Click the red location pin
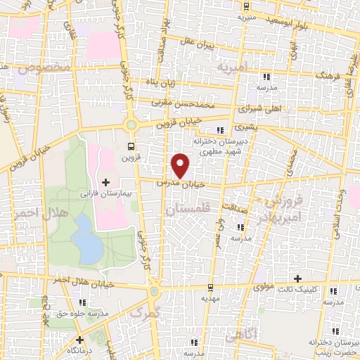coord(181,165)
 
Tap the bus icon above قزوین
coord(131,146)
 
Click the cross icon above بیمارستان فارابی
coord(106,183)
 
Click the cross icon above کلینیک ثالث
coord(297,279)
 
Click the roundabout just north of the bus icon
coord(131,125)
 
